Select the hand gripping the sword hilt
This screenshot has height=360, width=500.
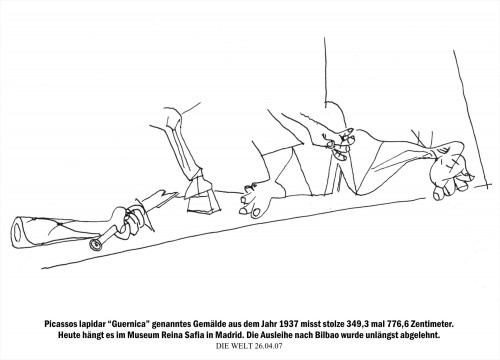click(x=127, y=221)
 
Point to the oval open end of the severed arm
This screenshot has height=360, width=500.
click(x=18, y=233)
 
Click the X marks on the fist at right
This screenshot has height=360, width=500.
click(x=453, y=164)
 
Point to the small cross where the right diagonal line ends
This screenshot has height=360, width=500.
click(x=487, y=184)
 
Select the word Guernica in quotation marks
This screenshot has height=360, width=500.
click(x=128, y=324)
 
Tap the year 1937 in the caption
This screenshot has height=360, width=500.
click(x=288, y=324)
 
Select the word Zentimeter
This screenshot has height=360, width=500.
click(x=433, y=324)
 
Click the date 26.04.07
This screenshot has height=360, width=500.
click(x=268, y=346)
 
